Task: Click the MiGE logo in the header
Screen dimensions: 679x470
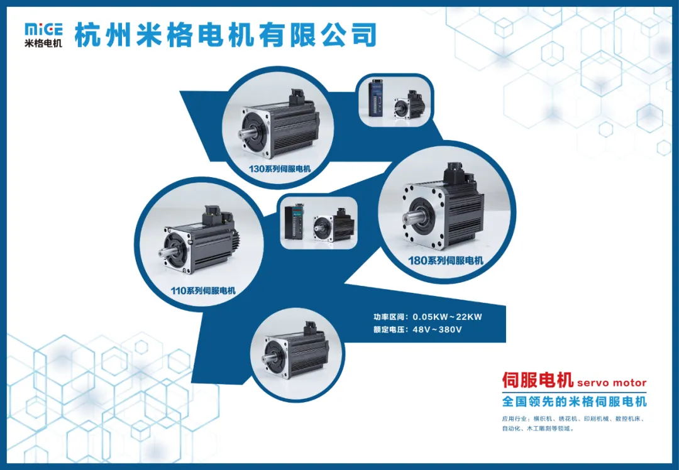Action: (x=43, y=35)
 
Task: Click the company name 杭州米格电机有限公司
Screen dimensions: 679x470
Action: (x=225, y=35)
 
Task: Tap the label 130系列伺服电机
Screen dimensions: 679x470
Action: (x=279, y=169)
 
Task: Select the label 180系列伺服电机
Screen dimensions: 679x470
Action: (x=446, y=261)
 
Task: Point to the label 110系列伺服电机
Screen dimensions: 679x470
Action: (x=203, y=290)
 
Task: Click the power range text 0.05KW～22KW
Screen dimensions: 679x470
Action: (x=447, y=317)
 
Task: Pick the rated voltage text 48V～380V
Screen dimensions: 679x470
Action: (x=437, y=330)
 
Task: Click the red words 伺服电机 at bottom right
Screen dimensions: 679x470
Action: (x=538, y=380)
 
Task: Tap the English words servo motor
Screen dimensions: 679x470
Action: (x=612, y=383)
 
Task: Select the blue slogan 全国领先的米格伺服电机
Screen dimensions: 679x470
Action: (x=574, y=401)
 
